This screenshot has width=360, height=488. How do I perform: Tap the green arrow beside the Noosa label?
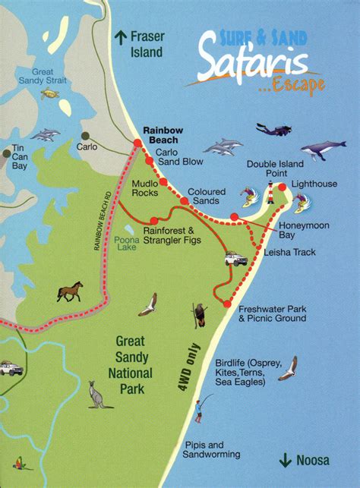click(286, 459)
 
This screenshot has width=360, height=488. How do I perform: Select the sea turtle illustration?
click(51, 94)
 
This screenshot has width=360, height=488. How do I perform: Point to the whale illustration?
click(323, 150)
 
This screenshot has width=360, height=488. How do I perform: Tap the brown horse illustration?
click(69, 291)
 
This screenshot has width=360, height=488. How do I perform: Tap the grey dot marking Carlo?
click(81, 138)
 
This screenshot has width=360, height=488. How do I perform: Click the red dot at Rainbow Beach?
click(137, 143)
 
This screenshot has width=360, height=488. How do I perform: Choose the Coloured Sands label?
click(207, 196)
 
